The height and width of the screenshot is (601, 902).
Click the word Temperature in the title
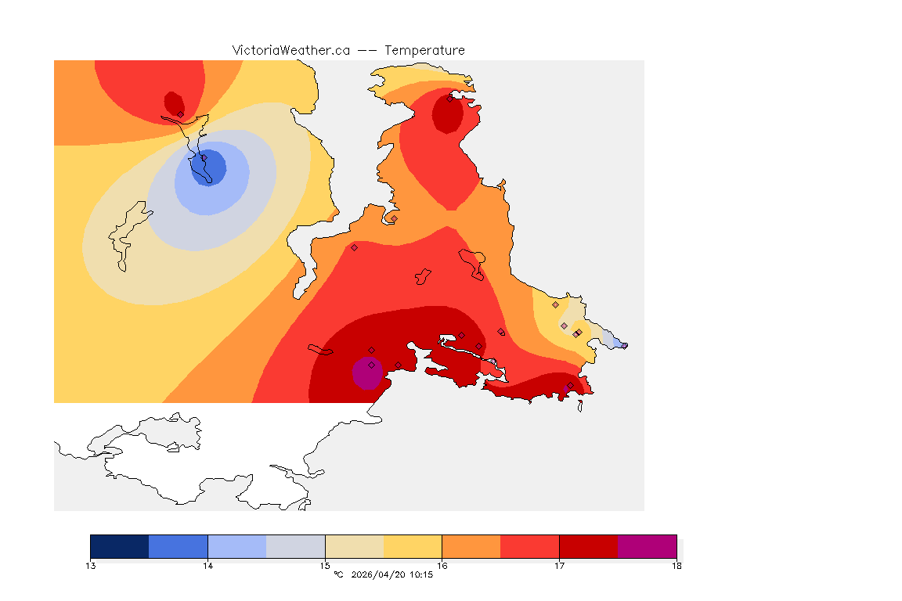click(424, 50)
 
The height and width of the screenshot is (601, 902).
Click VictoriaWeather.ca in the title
click(290, 50)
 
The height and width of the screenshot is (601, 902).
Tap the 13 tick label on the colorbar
click(91, 565)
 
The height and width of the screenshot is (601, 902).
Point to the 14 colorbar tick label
click(207, 565)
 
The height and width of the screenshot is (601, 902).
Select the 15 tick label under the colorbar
click(325, 565)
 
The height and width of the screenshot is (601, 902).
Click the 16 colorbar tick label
click(442, 565)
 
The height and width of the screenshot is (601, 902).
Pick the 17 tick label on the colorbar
click(559, 565)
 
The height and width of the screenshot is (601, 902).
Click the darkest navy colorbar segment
click(120, 546)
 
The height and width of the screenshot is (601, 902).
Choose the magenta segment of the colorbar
click(647, 546)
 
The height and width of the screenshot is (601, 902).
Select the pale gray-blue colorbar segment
click(295, 546)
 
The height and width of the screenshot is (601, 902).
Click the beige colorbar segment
click(354, 546)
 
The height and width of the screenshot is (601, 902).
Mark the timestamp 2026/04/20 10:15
click(392, 575)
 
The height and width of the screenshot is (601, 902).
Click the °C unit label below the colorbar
click(338, 575)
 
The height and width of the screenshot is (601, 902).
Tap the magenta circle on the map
click(366, 372)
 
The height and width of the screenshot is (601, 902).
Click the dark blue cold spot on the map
click(210, 167)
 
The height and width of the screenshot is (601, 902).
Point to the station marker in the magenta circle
click(371, 365)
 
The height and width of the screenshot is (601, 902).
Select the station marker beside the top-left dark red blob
click(180, 114)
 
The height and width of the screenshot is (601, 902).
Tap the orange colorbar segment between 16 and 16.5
click(471, 546)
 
